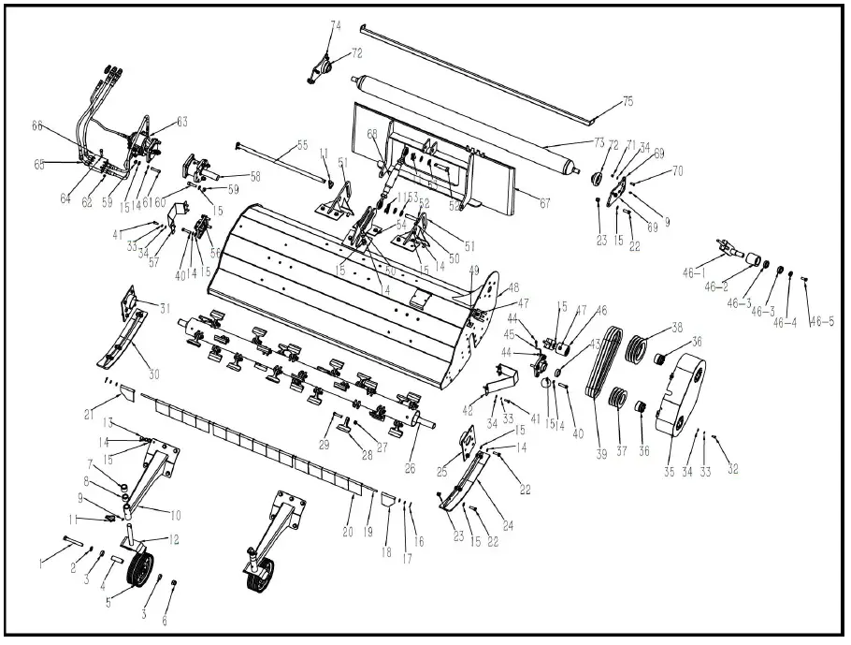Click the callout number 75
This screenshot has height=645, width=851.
tap(627, 101)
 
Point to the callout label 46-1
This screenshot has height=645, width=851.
tap(694, 272)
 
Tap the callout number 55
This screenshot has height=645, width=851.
tap(301, 145)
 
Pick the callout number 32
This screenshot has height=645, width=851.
tap(732, 468)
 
